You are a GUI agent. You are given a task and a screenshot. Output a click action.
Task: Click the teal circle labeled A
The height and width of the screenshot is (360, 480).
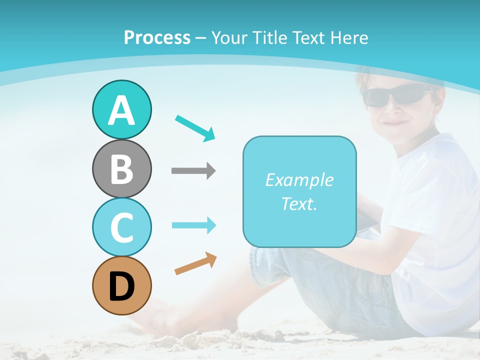click(x=121, y=109)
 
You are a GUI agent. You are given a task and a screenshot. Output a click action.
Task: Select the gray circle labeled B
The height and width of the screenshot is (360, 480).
click(x=121, y=168)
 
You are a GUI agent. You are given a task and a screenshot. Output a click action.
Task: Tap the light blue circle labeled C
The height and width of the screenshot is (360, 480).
click(x=121, y=227)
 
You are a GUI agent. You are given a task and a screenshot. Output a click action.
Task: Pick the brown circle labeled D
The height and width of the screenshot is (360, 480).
click(x=121, y=285)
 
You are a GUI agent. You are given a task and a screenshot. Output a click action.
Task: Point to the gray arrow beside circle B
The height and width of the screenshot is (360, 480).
click(x=193, y=170)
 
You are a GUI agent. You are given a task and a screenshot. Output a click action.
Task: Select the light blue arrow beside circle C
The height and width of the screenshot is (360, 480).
click(x=193, y=225)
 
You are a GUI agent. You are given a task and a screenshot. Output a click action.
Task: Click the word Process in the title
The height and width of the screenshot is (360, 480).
click(x=157, y=37)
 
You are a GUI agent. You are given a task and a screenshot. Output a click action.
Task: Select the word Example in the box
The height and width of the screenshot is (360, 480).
click(x=299, y=180)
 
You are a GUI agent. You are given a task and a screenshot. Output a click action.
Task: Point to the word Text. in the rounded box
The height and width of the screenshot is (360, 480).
click(x=299, y=203)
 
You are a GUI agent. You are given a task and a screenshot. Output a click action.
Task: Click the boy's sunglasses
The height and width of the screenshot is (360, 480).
click(x=395, y=95)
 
